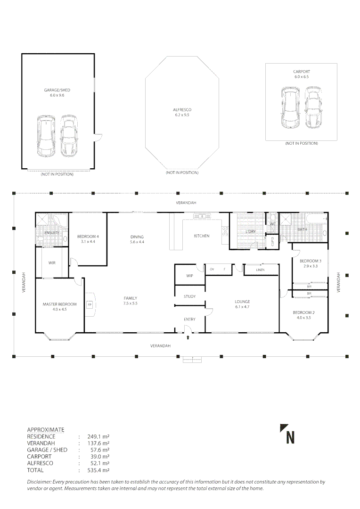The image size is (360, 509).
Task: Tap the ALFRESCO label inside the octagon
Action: (x=182, y=109)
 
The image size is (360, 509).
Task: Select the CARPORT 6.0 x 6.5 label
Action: (x=302, y=72)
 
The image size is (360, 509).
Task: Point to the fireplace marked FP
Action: (x=90, y=305)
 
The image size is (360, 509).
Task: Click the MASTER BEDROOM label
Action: (x=59, y=304)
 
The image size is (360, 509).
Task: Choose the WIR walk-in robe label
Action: (x=52, y=263)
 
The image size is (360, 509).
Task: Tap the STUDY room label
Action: (x=189, y=296)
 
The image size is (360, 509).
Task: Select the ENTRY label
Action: (x=189, y=320)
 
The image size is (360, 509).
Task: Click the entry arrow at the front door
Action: (x=188, y=337)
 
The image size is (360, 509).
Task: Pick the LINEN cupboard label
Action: (x=260, y=270)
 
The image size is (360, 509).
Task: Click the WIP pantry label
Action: (x=189, y=276)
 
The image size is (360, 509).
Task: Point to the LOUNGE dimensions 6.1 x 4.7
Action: (x=243, y=307)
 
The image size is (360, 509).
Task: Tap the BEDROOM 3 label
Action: (x=311, y=261)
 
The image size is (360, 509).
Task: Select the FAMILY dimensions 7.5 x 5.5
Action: (x=131, y=303)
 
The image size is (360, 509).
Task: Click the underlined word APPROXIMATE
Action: (x=46, y=430)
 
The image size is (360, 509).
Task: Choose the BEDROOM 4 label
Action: (x=88, y=236)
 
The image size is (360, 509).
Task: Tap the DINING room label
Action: (x=137, y=237)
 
